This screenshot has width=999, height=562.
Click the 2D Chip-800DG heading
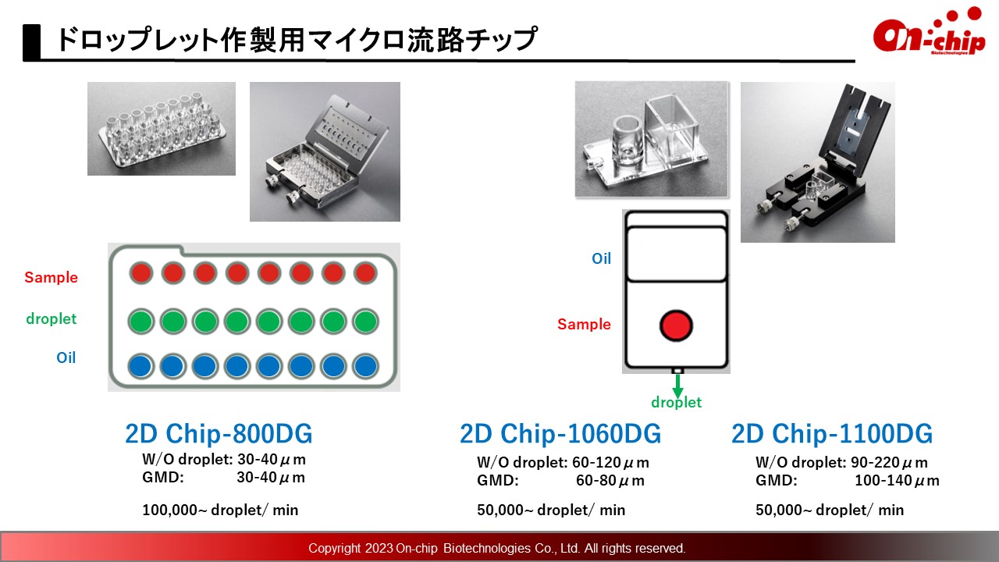(x=219, y=433)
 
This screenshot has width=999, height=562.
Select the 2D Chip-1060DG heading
(x=560, y=433)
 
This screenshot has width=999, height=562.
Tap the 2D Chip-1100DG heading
(x=832, y=433)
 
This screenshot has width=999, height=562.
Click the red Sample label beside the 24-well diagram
(x=51, y=277)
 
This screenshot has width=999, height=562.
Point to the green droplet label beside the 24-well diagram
(x=52, y=319)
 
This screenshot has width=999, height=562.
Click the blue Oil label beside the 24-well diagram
(x=66, y=357)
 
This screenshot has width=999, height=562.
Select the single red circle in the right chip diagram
(x=676, y=325)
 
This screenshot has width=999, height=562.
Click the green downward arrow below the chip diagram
(x=677, y=386)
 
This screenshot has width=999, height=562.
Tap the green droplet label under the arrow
(x=676, y=402)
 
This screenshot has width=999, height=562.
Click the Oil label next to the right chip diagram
(x=601, y=258)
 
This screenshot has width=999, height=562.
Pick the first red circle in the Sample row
(x=141, y=273)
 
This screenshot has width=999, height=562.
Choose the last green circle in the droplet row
(x=366, y=321)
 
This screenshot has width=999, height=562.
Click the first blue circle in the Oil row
(x=141, y=366)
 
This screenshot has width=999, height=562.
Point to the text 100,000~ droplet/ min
(x=220, y=510)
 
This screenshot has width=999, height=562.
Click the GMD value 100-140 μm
(x=897, y=481)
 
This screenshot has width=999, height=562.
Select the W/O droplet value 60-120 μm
(x=610, y=463)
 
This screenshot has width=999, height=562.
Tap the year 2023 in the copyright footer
(x=379, y=548)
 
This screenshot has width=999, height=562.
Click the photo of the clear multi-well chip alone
(x=162, y=129)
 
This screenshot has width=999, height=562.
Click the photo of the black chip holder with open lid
(x=817, y=162)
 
